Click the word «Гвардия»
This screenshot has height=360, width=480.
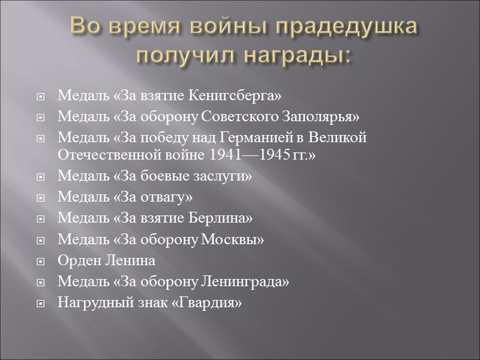tap(208, 302)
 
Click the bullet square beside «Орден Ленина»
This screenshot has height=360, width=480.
tap(40, 262)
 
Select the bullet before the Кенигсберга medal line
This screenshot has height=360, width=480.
tap(40, 97)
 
